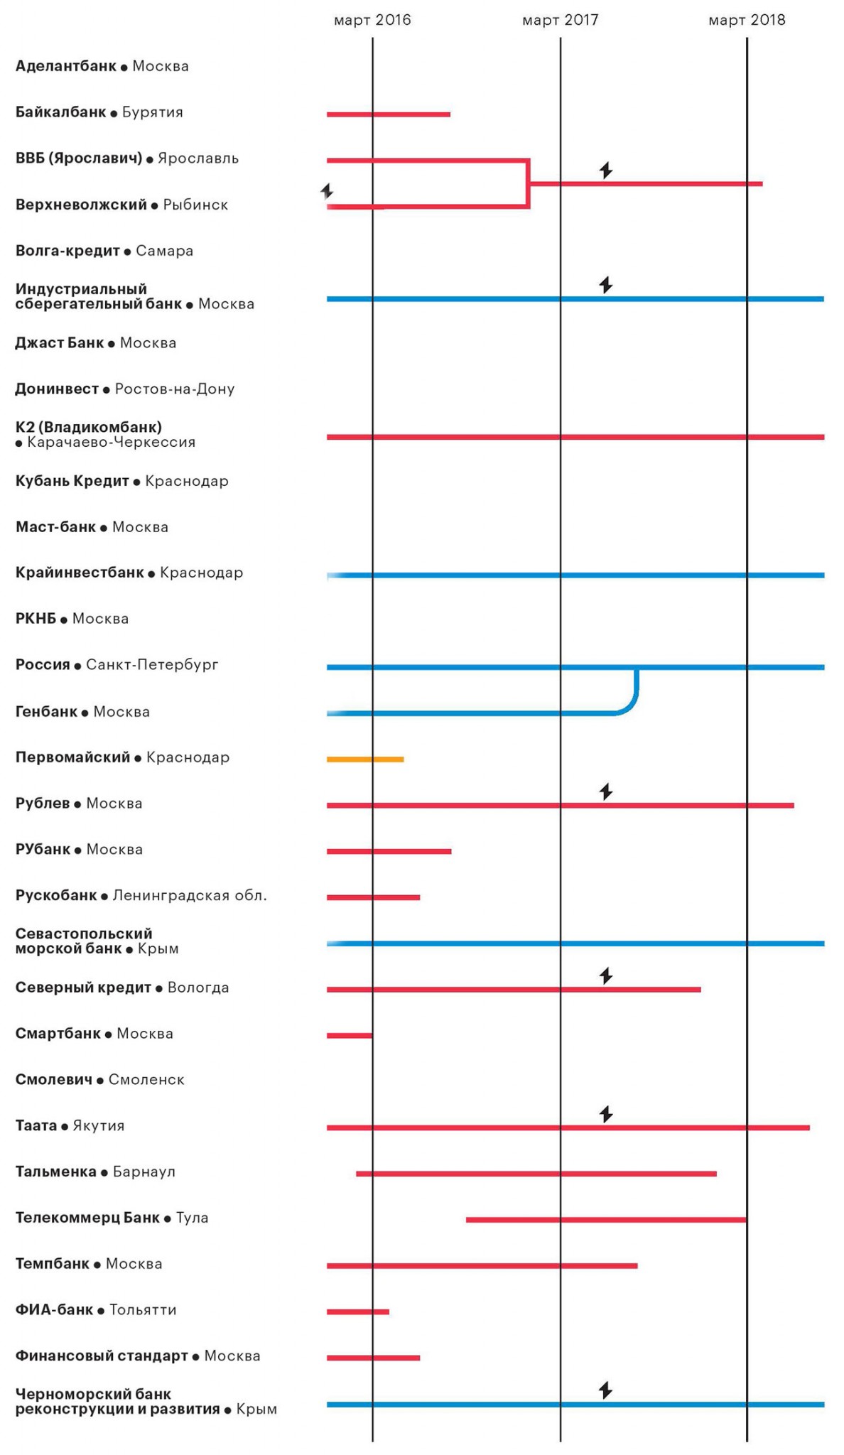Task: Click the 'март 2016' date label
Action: [372, 20]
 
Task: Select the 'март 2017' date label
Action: [560, 20]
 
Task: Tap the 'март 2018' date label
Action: [747, 20]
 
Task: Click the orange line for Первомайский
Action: [365, 759]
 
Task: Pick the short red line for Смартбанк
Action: [350, 1036]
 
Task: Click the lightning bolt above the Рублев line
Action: [606, 791]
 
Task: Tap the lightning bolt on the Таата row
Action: [606, 1114]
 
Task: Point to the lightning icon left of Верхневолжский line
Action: [327, 191]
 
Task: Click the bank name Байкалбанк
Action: [60, 112]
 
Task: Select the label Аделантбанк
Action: [65, 66]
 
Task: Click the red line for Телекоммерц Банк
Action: [606, 1220]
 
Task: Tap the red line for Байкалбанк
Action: [388, 114]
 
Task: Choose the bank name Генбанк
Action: [46, 712]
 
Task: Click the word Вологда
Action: [198, 988]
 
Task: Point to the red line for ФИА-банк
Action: [358, 1311]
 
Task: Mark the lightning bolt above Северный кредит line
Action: [606, 976]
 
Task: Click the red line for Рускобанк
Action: [373, 897]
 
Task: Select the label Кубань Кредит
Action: [72, 481]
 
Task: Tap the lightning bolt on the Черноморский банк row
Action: [606, 1390]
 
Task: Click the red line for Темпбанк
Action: [482, 1265]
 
